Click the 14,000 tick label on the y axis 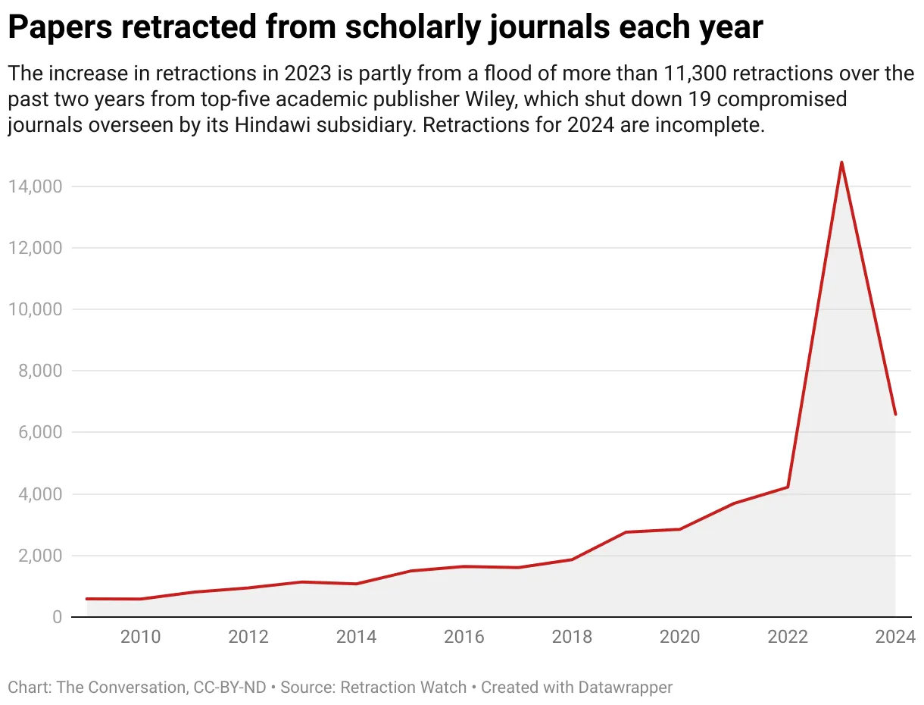36,186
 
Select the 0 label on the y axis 58,617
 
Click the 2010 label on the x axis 141,637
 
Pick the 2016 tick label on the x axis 464,637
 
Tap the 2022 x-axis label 788,637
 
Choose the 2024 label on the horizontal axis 894,637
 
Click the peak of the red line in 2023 841,162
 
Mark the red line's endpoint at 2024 895,414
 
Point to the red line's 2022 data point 788,487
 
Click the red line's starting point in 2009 87,599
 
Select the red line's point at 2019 626,532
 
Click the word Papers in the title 58,29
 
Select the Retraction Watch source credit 403,688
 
